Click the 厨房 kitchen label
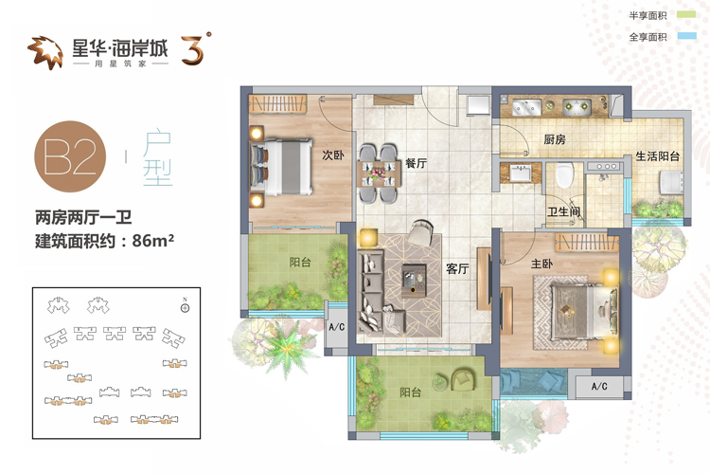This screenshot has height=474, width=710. (555, 139)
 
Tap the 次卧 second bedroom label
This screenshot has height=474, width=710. (333, 155)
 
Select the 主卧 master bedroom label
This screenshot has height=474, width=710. (542, 264)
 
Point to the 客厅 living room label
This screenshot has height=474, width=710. (457, 269)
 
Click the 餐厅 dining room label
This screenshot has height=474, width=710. (417, 163)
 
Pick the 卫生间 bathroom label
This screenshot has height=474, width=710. (564, 211)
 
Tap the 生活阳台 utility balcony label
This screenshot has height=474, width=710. (658, 156)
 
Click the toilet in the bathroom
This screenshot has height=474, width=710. (564, 175)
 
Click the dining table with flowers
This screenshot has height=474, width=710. (379, 173)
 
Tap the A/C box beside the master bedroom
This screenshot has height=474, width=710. (599, 387)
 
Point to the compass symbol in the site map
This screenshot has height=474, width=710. (185, 307)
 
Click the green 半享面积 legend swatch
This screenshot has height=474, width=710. (686, 15)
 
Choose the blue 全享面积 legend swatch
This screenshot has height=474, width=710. (686, 36)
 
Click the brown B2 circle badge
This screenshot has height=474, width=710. (70, 156)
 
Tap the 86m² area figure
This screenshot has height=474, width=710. (153, 241)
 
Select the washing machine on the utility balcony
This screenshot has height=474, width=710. (671, 182)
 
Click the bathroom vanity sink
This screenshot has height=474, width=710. (521, 173)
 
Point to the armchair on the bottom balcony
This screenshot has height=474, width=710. (464, 379)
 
